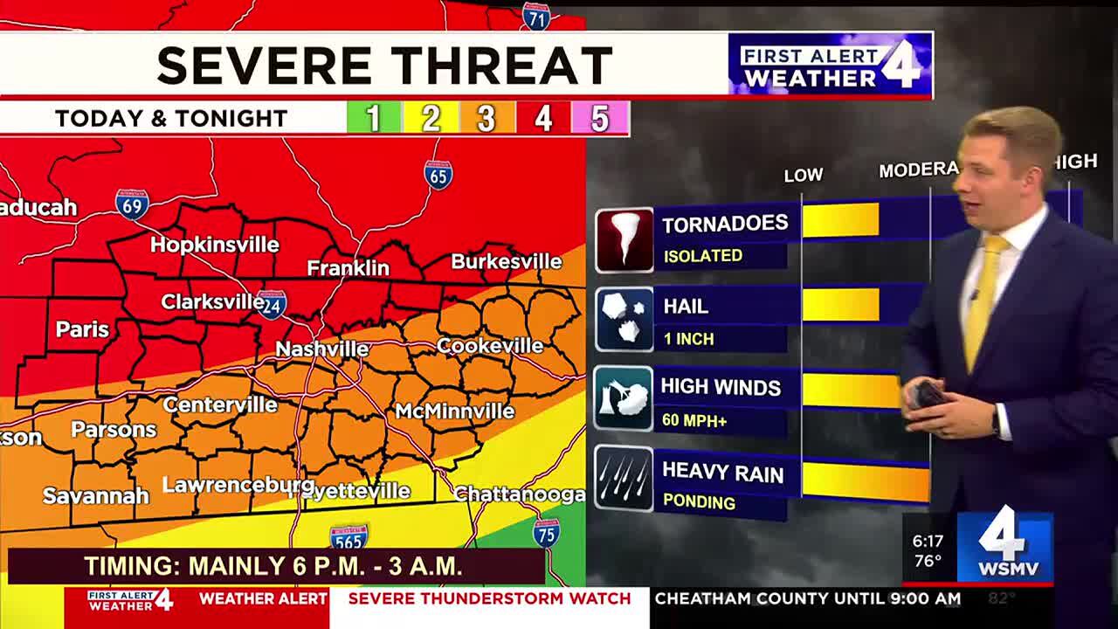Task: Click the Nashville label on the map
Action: pyautogui.click(x=321, y=349)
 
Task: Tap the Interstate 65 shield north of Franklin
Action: pyautogui.click(x=438, y=175)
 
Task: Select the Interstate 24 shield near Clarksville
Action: pyautogui.click(x=272, y=304)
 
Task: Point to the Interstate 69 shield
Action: pyautogui.click(x=131, y=204)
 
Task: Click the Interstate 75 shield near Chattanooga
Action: pyautogui.click(x=546, y=532)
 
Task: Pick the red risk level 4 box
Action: pyautogui.click(x=543, y=118)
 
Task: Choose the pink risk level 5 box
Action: pyautogui.click(x=600, y=118)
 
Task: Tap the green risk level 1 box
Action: pyautogui.click(x=373, y=118)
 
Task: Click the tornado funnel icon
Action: pyautogui.click(x=624, y=239)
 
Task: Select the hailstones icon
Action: pyautogui.click(x=624, y=320)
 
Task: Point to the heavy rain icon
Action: pyautogui.click(x=624, y=479)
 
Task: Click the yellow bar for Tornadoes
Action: pyautogui.click(x=840, y=220)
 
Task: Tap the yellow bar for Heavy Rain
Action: pyautogui.click(x=865, y=481)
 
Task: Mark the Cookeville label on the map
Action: pyautogui.click(x=489, y=346)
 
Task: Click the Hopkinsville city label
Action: pyautogui.click(x=214, y=245)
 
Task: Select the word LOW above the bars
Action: pyautogui.click(x=803, y=176)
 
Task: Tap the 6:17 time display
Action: pyautogui.click(x=928, y=542)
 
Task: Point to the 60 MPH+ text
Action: pyautogui.click(x=694, y=421)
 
